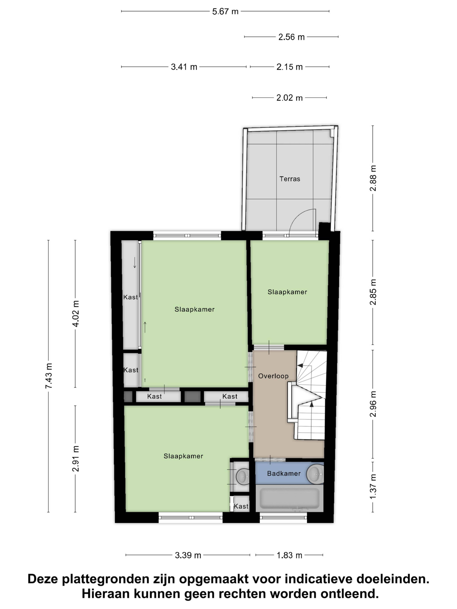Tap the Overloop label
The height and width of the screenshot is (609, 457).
[x=273, y=376]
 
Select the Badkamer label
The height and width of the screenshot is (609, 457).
[x=284, y=474]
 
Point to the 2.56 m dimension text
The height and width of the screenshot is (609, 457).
[x=291, y=37]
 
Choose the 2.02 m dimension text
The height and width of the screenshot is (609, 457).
[x=290, y=98]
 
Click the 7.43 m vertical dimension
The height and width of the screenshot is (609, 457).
[x=48, y=376]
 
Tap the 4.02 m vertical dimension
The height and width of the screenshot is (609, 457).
[x=75, y=314]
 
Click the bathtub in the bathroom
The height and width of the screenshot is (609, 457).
[x=290, y=498]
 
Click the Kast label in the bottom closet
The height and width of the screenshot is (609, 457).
[x=241, y=506]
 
